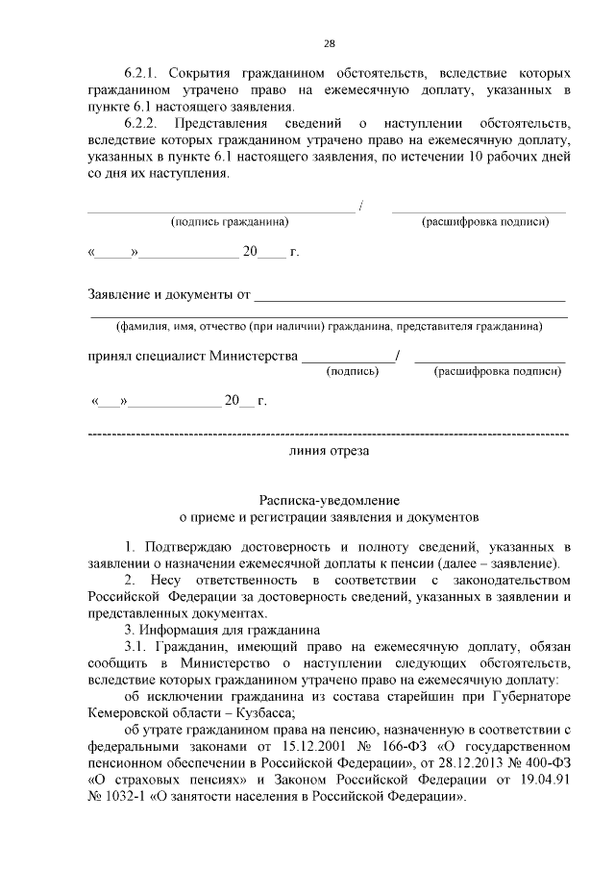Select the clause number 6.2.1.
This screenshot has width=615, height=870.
pos(144,73)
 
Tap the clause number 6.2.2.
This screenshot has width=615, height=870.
pos(144,125)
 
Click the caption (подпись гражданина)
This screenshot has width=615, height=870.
pos(230,222)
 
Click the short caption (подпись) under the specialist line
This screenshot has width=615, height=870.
pos(353,370)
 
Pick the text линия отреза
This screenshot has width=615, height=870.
pos(328,449)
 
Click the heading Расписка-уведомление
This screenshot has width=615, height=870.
pos(328,500)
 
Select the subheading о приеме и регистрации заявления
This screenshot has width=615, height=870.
pos(328,516)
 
